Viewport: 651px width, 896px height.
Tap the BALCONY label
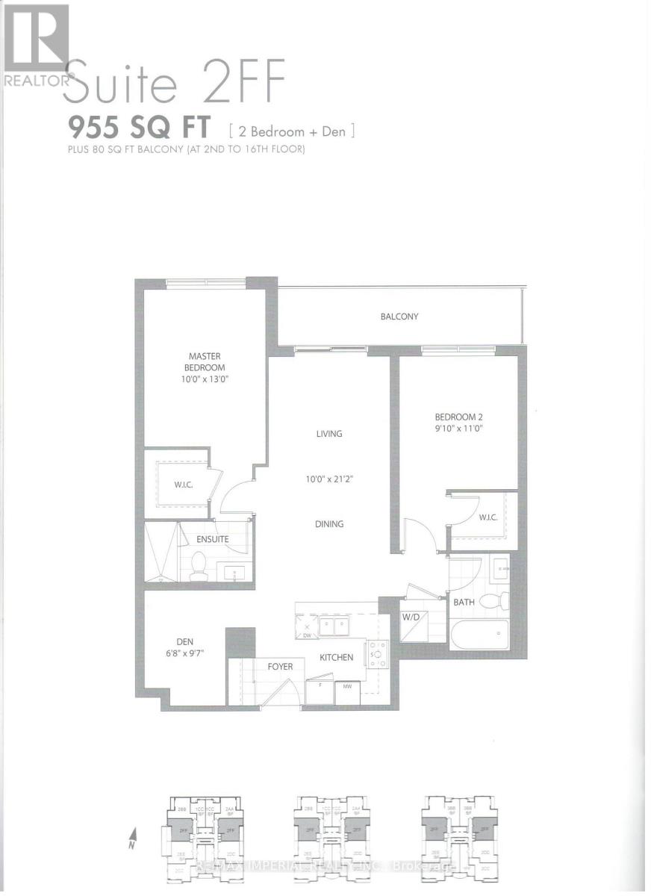point(399,317)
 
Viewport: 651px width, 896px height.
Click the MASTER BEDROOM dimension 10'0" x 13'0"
point(204,379)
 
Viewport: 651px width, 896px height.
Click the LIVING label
point(328,434)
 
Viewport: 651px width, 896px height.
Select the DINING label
point(328,524)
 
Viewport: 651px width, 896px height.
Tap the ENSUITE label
point(212,539)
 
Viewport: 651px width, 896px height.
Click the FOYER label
point(281,667)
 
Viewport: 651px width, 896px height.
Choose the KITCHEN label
point(336,658)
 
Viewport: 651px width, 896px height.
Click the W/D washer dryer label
point(410,617)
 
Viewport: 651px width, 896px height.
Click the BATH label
point(464,601)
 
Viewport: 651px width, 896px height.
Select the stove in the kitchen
point(375,655)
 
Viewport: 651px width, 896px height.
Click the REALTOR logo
point(36,45)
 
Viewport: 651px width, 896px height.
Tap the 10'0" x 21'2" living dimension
point(328,479)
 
